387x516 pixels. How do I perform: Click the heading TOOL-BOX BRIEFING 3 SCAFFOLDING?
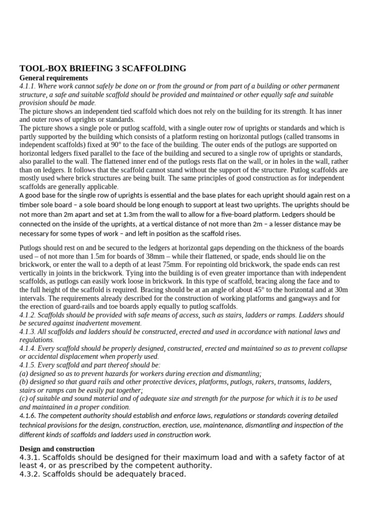click(x=102, y=69)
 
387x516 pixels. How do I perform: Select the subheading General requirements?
click(x=53, y=78)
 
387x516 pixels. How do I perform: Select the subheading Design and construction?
click(x=57, y=448)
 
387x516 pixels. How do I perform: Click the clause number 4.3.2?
click(x=31, y=474)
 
